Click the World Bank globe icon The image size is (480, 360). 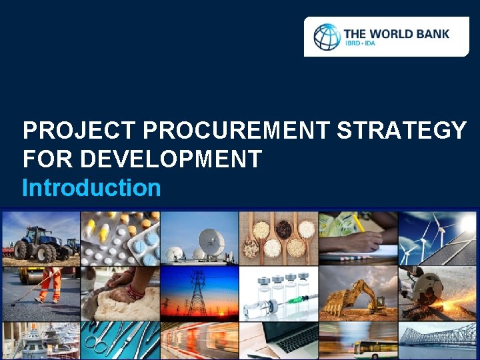[327, 37]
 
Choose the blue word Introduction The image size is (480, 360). [91, 188]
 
